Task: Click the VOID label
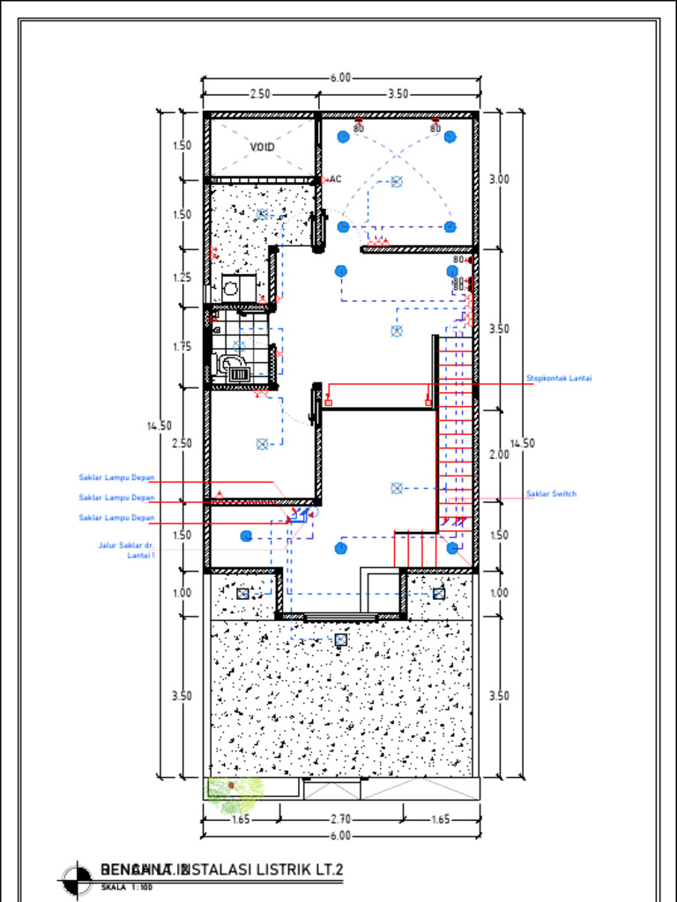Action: pos(262,147)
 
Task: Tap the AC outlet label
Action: pos(335,179)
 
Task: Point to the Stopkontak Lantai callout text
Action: pos(559,379)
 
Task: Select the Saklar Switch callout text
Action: pos(551,494)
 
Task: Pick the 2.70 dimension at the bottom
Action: pos(340,819)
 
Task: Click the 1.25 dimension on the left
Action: pos(182,277)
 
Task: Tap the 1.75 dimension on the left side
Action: pos(182,346)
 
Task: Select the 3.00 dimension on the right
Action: pos(499,179)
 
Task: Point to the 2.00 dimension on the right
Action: pos(499,455)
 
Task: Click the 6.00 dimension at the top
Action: pos(340,78)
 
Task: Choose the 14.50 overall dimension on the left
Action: pos(159,426)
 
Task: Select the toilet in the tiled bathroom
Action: pos(231,363)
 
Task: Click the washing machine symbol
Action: pos(231,287)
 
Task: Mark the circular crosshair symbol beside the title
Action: pos(78,876)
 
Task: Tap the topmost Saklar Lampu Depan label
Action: pos(117,478)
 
